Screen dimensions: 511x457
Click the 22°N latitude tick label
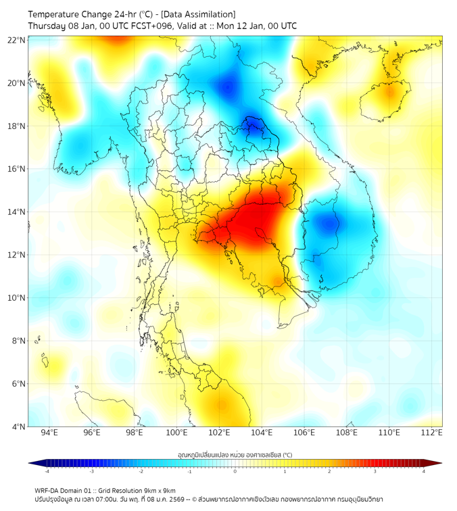(x=17, y=40)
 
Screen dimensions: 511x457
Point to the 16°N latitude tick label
(x=17, y=169)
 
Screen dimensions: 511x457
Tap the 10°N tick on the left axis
(x=17, y=298)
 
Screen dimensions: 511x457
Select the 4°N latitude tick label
(x=17, y=427)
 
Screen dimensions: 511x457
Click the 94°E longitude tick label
(x=49, y=433)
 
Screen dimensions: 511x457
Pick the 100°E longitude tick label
(x=176, y=433)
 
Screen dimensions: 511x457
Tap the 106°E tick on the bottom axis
(x=304, y=433)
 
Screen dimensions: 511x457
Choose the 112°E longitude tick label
(x=432, y=433)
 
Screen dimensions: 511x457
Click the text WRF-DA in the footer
(x=48, y=490)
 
